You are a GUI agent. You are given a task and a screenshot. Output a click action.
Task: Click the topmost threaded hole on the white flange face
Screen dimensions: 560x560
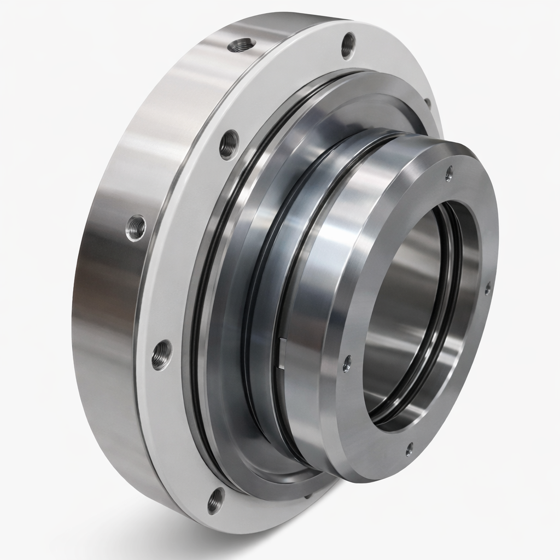pos(348,45)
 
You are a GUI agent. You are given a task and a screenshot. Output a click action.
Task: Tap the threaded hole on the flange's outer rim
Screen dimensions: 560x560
pos(242,45)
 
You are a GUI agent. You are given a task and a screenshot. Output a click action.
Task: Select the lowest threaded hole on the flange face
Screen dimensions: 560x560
pos(216,500)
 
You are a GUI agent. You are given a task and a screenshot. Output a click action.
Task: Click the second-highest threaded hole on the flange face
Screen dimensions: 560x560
pos(229,144)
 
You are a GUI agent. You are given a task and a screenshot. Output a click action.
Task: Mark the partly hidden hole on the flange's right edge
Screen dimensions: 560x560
pos(428,102)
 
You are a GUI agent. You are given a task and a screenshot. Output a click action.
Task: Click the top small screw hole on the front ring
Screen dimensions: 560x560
pos(449,173)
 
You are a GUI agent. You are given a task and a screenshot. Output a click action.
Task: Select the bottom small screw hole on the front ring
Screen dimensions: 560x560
pos(409,450)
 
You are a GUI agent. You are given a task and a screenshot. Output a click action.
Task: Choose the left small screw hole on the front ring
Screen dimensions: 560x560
pos(347,363)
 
